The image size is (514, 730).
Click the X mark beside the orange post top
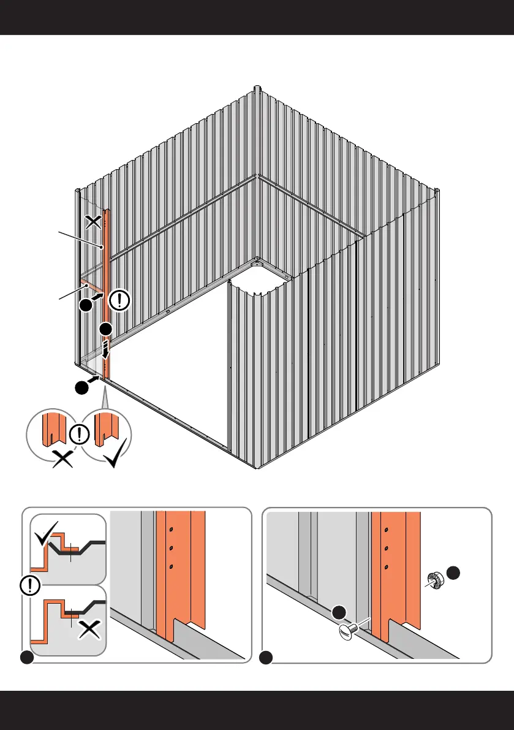(93, 221)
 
